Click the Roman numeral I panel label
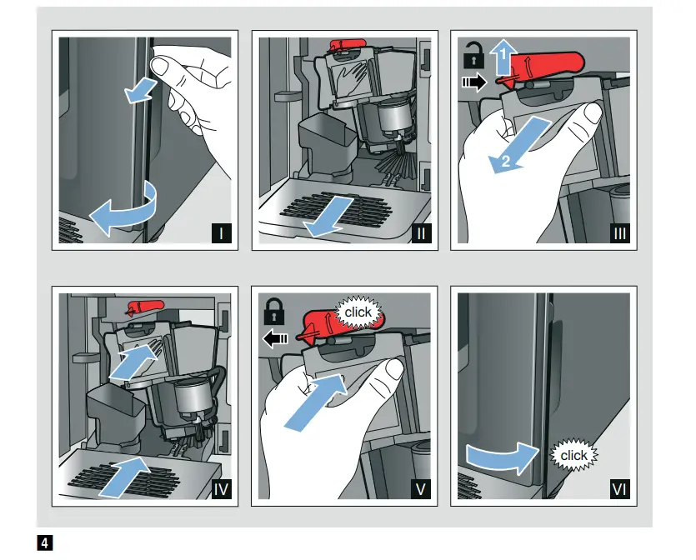click(x=222, y=234)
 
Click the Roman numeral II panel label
click(x=422, y=234)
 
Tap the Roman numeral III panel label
click(x=620, y=234)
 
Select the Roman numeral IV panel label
click(x=222, y=490)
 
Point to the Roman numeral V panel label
click(x=422, y=490)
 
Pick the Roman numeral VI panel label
click(x=620, y=490)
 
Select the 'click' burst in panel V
click(x=358, y=312)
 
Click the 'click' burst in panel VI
click(x=573, y=456)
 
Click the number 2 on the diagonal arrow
click(x=503, y=162)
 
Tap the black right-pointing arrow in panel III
click(x=472, y=82)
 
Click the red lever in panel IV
click(x=139, y=306)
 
